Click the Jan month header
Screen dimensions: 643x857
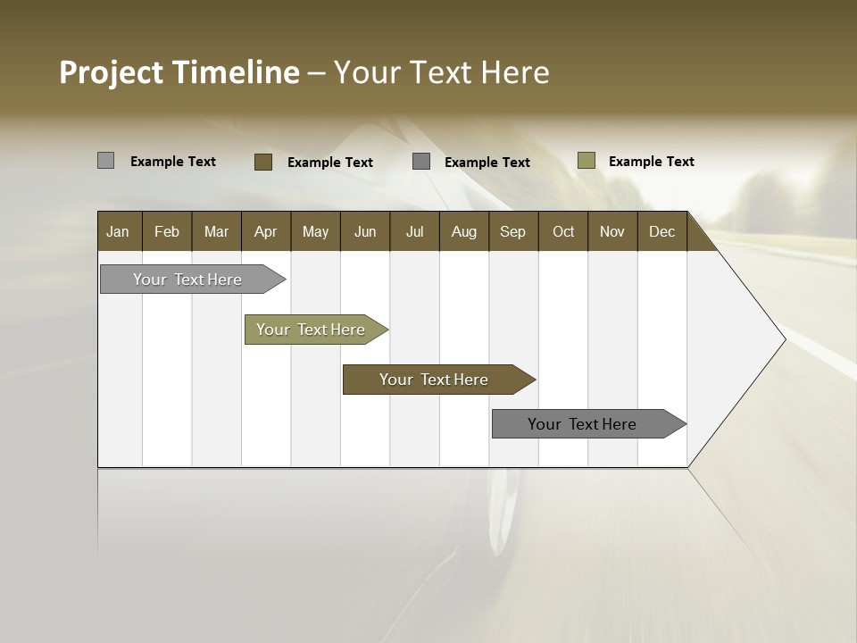click(x=118, y=231)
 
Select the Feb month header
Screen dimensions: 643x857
click(x=167, y=231)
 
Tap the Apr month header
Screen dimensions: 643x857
click(x=265, y=231)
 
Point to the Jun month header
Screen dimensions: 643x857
click(x=365, y=231)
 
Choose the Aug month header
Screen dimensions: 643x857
click(x=463, y=231)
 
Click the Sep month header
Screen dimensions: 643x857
click(x=512, y=231)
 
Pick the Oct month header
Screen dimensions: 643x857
click(x=563, y=231)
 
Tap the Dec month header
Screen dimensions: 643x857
click(x=661, y=231)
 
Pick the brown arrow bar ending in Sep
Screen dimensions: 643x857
click(x=435, y=380)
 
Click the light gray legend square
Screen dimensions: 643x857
click(x=105, y=161)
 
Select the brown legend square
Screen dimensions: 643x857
click(x=262, y=162)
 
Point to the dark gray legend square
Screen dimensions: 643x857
click(x=421, y=161)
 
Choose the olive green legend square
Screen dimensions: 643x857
click(x=586, y=161)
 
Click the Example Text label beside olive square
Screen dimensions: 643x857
click(x=651, y=162)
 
